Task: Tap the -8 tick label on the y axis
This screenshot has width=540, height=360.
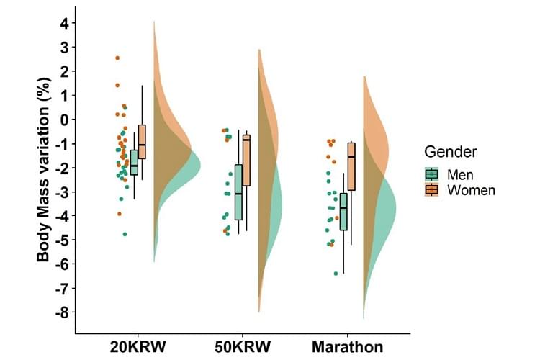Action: tap(61, 312)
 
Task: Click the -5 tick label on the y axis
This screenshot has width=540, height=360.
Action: tap(61, 240)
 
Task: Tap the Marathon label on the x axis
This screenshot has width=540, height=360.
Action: tap(347, 347)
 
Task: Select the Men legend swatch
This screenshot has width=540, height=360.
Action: tap(431, 174)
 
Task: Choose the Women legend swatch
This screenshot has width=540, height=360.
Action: tap(431, 190)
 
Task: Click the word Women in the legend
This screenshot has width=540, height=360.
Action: tap(472, 190)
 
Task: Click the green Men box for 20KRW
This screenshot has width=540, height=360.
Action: tap(134, 162)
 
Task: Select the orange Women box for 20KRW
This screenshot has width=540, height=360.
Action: tap(142, 142)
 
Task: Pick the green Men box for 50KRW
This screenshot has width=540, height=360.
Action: tap(238, 192)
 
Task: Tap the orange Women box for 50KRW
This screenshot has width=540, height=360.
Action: tap(246, 160)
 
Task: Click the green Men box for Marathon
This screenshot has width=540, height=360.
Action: tap(343, 211)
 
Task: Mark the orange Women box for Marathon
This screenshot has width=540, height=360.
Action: tap(351, 166)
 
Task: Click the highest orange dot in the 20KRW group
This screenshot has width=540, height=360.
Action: tap(117, 58)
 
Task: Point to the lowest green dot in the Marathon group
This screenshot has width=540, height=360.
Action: tap(336, 274)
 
